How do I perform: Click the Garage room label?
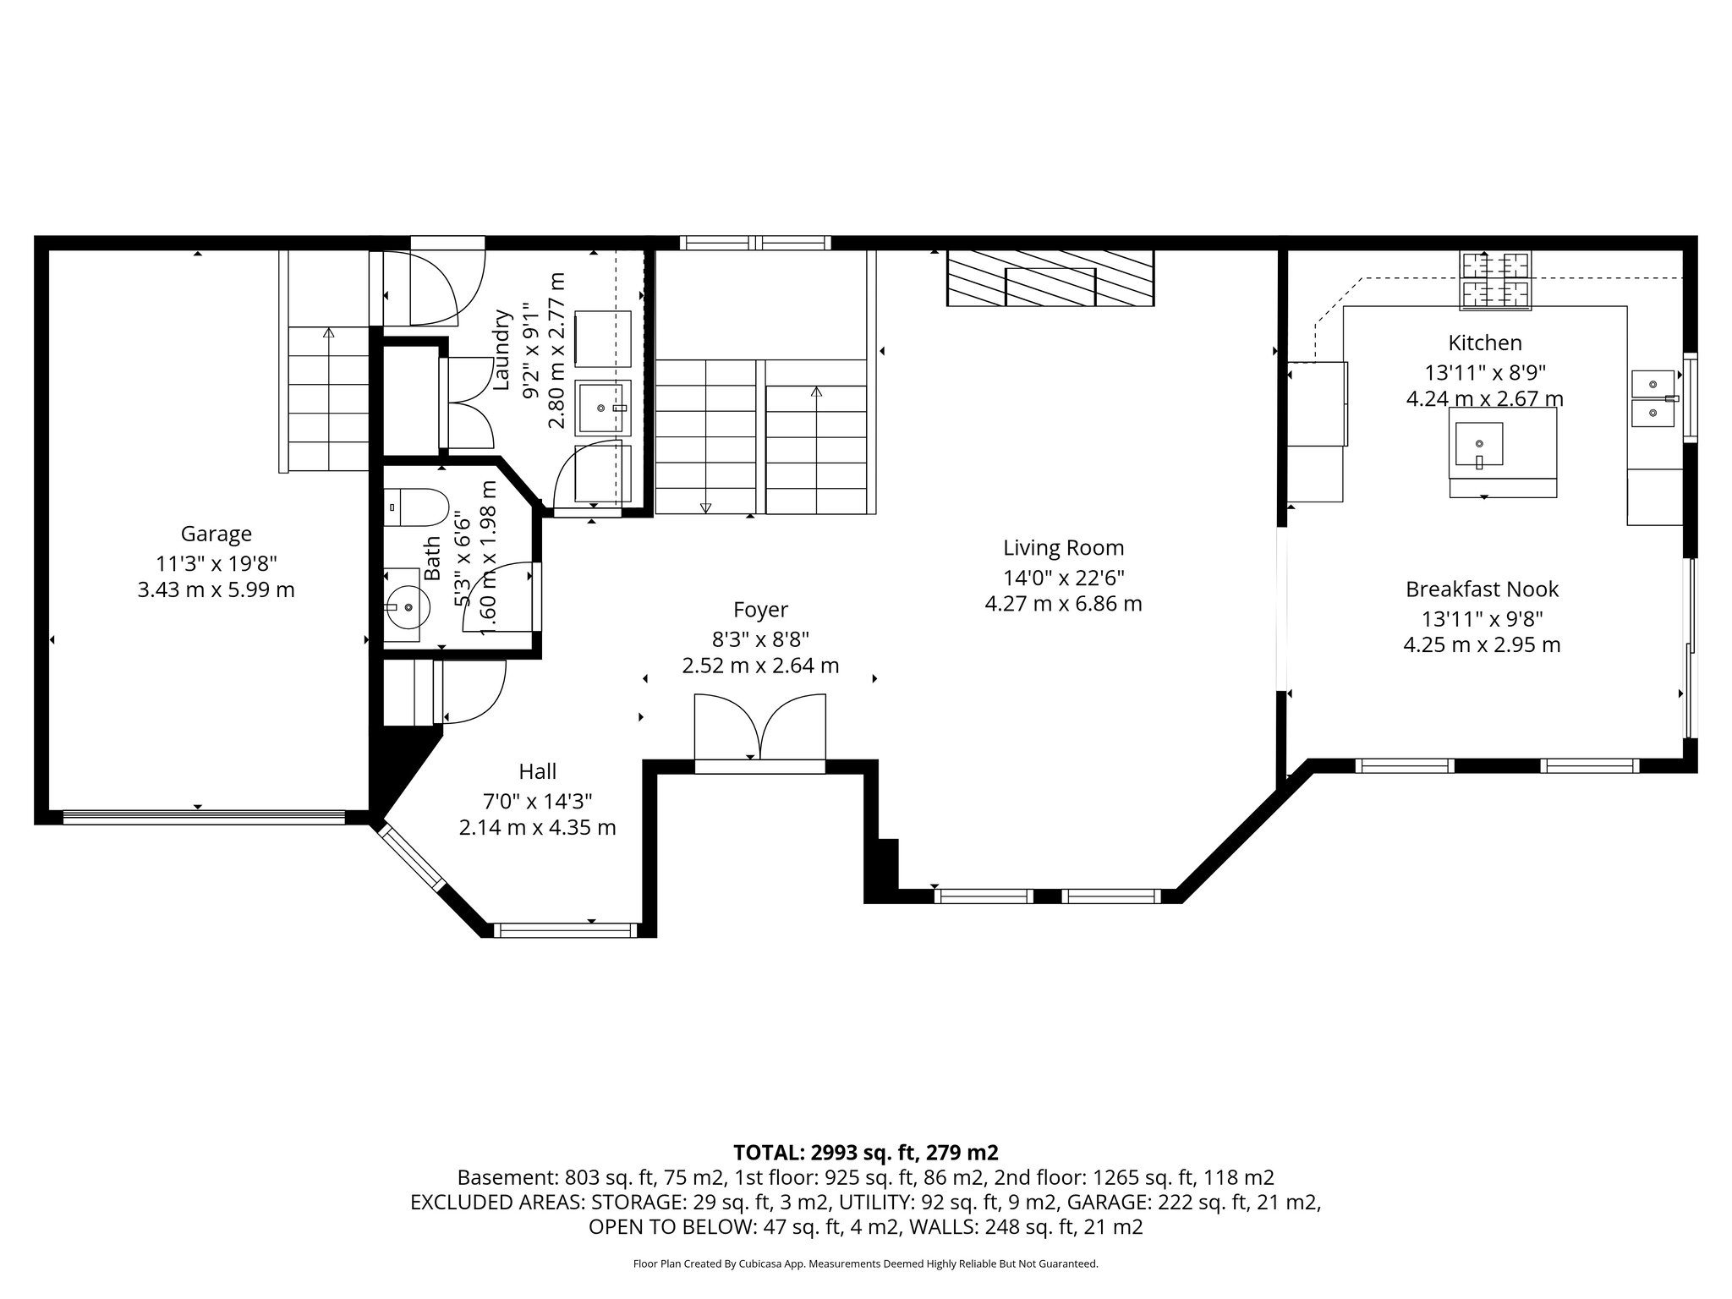coord(216,534)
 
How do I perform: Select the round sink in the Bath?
coord(407,606)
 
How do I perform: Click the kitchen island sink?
coord(1479,445)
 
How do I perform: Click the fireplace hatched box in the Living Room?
coord(1050,277)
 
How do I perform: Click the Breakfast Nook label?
coord(1482,589)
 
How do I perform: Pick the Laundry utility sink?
coord(603,408)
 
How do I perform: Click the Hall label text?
coord(537,771)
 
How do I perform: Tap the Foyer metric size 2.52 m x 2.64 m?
coord(760,666)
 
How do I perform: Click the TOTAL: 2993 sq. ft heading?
coord(865,1153)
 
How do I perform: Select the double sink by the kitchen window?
coord(1653,398)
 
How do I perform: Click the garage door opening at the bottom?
coord(204,817)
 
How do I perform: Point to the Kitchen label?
coord(1484,343)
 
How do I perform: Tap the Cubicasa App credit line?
coord(865,1264)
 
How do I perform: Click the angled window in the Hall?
coord(412,857)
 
